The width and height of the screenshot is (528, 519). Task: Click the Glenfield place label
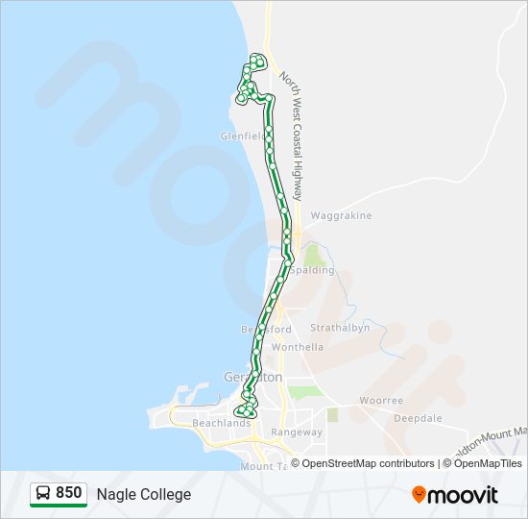tap(242, 136)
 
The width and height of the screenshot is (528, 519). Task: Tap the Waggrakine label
tap(341, 216)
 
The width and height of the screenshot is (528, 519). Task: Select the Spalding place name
tap(312, 270)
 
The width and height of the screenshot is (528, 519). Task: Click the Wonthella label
tap(298, 347)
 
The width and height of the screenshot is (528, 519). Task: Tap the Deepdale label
tap(418, 418)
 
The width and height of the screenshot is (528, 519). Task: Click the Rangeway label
tap(297, 432)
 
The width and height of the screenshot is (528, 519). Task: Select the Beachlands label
tap(221, 423)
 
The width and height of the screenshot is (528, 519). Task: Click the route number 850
tap(68, 493)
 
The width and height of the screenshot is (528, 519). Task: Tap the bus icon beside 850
tap(43, 493)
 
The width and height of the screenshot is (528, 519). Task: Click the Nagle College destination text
tap(144, 494)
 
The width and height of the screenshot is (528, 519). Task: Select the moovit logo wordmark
tap(463, 495)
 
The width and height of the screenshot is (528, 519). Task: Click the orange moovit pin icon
tap(419, 494)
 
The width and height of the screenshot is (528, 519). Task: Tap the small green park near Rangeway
tap(332, 414)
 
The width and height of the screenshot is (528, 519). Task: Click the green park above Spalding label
tap(313, 255)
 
